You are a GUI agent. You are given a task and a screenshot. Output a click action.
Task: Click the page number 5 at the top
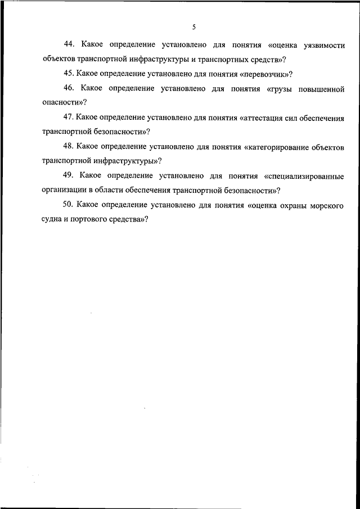[x=193, y=26]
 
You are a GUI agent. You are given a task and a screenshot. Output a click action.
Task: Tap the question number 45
[x=69, y=74]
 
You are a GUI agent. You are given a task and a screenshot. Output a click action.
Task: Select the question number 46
[x=70, y=88]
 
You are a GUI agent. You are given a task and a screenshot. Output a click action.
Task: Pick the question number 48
[x=69, y=147]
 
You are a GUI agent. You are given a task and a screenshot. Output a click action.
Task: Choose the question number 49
[x=70, y=176]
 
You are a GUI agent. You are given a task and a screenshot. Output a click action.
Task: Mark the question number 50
[x=69, y=205]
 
